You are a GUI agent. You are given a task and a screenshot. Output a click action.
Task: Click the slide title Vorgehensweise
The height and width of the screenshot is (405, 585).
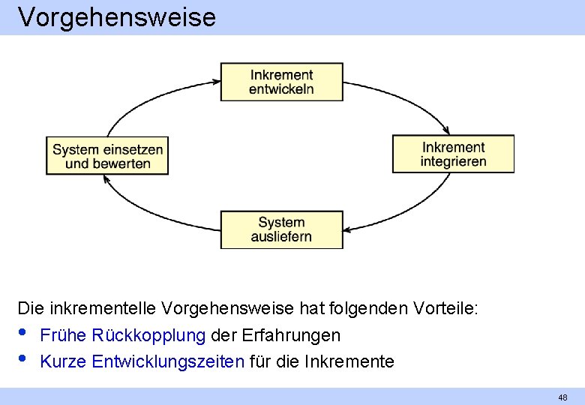pos(117,16)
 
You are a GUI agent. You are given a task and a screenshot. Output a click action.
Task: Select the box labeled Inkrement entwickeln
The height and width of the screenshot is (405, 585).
pos(281,82)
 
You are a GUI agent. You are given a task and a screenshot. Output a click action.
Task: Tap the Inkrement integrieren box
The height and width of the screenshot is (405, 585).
pos(453,154)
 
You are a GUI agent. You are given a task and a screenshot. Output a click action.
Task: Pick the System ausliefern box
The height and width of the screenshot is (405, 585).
pos(281,229)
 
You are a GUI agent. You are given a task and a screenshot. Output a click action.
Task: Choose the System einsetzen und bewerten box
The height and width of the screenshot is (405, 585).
pos(107,155)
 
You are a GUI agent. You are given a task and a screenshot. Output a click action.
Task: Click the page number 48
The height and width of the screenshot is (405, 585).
pos(562,397)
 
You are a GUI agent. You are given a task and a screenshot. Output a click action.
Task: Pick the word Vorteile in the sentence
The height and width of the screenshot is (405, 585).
pos(447,308)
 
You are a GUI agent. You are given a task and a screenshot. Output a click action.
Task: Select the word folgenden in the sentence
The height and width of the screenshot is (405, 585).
pos(367,308)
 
